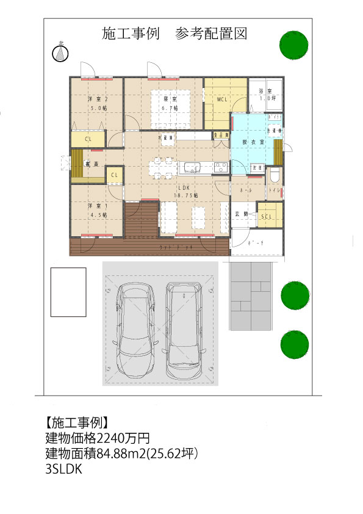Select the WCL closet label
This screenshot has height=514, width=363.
point(222,99)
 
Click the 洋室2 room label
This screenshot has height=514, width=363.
point(98,99)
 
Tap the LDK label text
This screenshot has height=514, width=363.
point(185,187)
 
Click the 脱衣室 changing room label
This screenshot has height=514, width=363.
point(253,142)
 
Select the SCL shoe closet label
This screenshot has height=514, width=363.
point(267,217)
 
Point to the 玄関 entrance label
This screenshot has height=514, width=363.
point(242,214)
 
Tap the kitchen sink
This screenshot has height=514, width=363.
point(192,167)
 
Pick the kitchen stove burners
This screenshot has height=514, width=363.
point(220,167)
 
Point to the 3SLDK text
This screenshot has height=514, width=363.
point(63,470)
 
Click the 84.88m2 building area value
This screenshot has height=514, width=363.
point(128,454)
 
